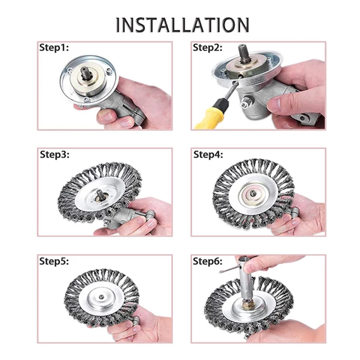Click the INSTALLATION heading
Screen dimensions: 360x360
coord(182,25)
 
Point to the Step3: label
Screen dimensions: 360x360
coord(54,154)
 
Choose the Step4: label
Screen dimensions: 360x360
coord(208,154)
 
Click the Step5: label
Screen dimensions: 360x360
coord(54,261)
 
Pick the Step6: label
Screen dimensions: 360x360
coord(208,261)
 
